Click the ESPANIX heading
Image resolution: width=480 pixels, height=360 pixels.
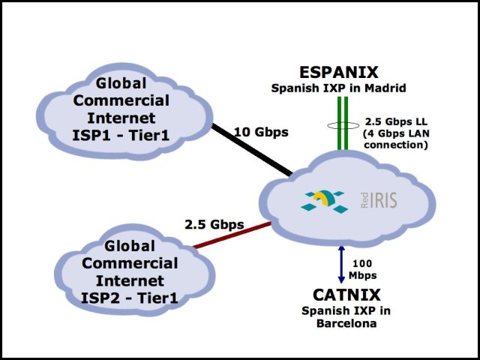click(338, 73)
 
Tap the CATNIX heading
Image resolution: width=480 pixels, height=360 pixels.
click(346, 295)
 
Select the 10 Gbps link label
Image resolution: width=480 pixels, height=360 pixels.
click(261, 133)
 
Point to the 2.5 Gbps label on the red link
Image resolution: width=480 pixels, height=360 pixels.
click(214, 224)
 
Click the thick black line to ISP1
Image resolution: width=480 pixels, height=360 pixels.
click(251, 150)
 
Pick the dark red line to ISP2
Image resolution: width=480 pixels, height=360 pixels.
click(232, 235)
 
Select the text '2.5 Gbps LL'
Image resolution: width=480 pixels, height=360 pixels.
click(395, 121)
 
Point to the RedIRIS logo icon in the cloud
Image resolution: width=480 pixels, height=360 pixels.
click(324, 199)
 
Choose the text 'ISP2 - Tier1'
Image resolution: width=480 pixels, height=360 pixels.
click(129, 298)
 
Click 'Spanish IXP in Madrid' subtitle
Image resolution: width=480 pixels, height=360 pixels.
click(338, 88)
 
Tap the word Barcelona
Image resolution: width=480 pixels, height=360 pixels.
click(346, 325)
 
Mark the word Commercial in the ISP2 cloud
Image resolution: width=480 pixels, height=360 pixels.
click(129, 263)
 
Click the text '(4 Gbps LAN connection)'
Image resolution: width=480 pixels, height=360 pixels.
click(395, 139)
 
